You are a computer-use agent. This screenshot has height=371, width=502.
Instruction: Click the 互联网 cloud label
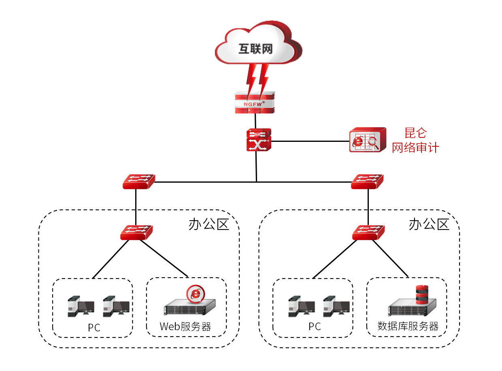255,49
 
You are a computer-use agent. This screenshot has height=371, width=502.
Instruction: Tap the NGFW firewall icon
255,103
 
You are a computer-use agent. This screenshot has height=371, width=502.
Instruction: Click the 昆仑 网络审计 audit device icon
367,140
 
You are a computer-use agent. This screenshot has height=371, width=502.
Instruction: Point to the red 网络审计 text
415,148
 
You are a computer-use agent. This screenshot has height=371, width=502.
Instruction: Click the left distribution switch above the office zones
138,181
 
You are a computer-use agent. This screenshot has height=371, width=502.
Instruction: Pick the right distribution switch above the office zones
367,181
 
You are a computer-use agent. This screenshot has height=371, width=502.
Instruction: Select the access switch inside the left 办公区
136,232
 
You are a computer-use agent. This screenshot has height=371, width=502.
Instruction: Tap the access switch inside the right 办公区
368,232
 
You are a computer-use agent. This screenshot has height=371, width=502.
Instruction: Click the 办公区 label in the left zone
208,224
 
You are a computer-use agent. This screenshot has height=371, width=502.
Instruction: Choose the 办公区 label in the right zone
429,224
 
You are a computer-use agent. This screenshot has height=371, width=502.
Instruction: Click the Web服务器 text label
185,327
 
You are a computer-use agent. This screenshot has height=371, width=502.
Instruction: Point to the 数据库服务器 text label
408,326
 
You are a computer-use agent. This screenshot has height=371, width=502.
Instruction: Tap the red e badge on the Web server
196,294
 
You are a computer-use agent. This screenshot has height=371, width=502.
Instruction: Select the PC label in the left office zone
94,327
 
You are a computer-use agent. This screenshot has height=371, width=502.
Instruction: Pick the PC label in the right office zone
314,327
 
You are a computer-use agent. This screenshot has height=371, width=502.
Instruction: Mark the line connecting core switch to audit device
310,141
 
